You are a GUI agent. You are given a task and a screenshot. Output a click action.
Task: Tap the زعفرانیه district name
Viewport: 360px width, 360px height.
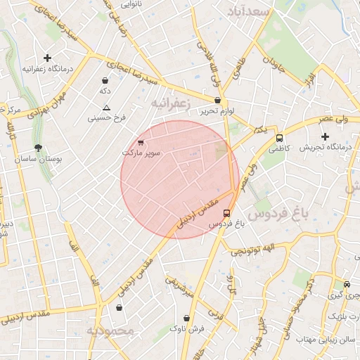[171, 103]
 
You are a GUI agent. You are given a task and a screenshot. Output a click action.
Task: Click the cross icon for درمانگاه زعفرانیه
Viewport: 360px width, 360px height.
[47, 58]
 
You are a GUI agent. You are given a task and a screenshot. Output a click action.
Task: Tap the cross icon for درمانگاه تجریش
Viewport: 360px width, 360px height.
[325, 136]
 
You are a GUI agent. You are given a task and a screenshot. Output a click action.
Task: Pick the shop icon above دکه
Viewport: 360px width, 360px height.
[105, 80]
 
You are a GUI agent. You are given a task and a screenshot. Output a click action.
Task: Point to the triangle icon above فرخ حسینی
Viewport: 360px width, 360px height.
[106, 108]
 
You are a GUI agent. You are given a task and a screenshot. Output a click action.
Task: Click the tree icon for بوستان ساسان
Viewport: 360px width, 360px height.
[38, 148]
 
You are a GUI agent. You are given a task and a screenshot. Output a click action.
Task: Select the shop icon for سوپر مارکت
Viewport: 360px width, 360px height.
[141, 142]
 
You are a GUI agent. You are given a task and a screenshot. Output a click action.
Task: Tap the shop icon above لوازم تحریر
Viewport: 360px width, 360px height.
[217, 101]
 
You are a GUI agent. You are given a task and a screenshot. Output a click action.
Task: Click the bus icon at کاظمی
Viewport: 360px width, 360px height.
[280, 139]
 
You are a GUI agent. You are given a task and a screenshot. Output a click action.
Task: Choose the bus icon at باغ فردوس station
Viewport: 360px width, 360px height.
[226, 212]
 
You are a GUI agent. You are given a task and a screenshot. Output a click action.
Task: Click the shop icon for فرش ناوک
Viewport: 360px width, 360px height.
[186, 318]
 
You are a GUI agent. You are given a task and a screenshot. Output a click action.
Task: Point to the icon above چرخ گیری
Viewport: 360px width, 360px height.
[346, 285]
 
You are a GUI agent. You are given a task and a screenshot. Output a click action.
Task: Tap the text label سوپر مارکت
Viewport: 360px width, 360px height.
[141, 153]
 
